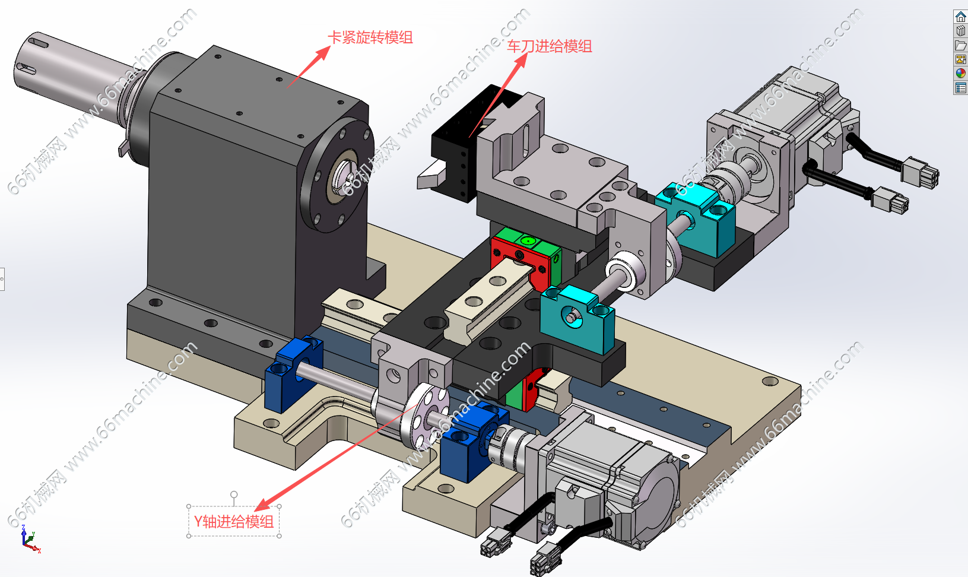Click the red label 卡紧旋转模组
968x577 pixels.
(370, 37)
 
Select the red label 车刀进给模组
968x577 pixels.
(549, 46)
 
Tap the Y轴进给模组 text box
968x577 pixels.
(234, 521)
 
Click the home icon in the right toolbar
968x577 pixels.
(960, 17)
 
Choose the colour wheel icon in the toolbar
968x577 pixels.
(960, 74)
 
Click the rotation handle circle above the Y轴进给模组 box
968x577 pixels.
(234, 494)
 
